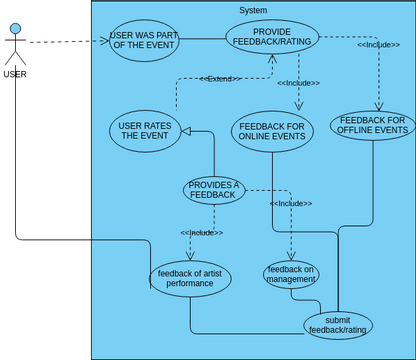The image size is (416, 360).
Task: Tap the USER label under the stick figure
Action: (x=15, y=74)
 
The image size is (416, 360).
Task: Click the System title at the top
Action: (x=253, y=10)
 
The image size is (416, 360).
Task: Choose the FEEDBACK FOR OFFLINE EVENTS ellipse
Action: (x=372, y=125)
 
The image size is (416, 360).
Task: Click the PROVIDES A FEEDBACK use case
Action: (x=214, y=189)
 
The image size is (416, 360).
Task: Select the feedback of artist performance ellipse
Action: (x=190, y=278)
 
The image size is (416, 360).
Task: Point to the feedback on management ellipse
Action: (x=292, y=273)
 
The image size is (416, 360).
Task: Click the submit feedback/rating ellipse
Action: (x=337, y=323)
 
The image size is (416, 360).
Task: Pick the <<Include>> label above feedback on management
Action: (x=291, y=203)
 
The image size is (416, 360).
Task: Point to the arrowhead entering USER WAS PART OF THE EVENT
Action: (x=103, y=42)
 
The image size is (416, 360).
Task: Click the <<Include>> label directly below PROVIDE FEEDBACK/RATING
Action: (x=297, y=83)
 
